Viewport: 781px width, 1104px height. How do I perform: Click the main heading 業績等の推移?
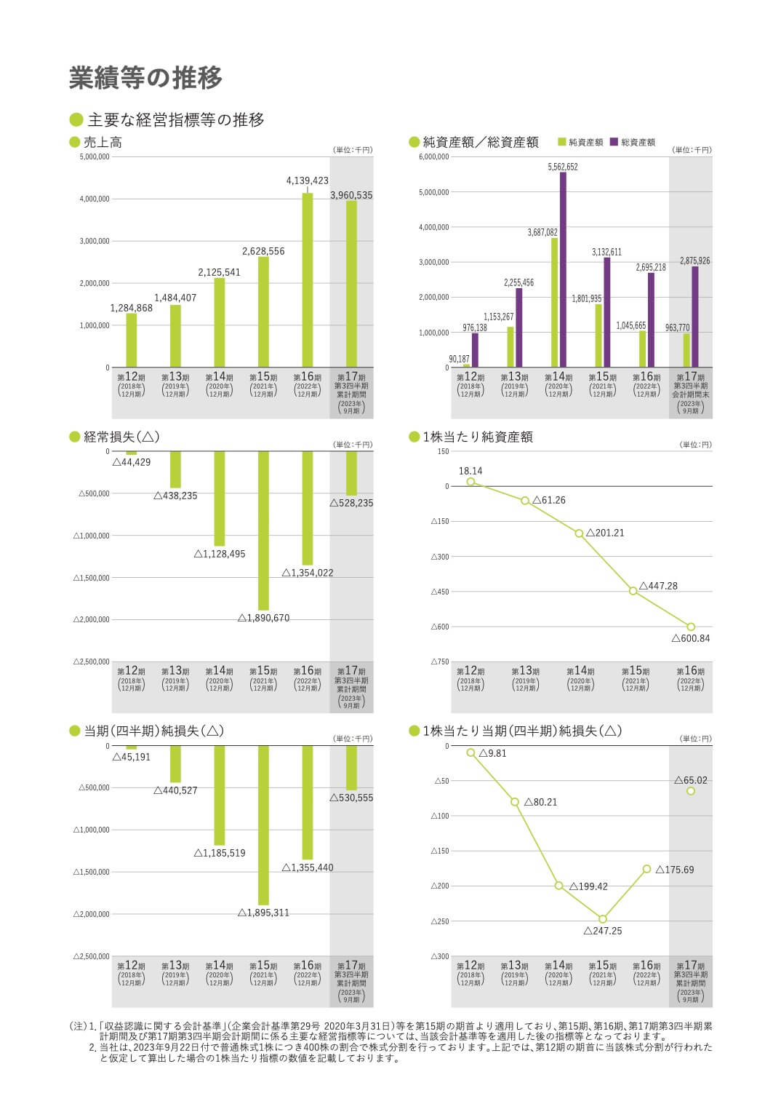pos(145,78)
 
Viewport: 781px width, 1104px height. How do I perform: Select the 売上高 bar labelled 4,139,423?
pos(308,280)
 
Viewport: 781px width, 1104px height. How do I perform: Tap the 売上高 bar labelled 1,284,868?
pos(132,340)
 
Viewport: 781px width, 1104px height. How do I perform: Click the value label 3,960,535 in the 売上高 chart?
pos(351,195)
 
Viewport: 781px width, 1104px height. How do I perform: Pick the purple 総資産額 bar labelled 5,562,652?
pos(563,269)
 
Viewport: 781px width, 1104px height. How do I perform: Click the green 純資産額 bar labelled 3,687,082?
pos(554,302)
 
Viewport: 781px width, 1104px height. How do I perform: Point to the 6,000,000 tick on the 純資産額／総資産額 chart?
pos(435,157)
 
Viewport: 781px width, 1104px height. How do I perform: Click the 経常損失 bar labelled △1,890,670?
pos(263,531)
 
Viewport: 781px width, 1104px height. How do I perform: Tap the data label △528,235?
pos(351,503)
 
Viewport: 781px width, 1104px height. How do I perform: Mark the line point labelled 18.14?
pos(470,482)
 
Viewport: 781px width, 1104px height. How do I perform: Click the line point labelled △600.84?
pos(691,627)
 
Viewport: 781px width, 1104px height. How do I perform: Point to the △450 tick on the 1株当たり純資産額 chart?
pos(441,592)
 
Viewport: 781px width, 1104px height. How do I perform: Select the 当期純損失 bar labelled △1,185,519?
pos(220,795)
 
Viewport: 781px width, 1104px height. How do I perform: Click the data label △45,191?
pos(132,757)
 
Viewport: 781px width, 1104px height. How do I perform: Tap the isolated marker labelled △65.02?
pos(691,791)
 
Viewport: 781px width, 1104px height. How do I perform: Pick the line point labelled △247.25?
pos(603,919)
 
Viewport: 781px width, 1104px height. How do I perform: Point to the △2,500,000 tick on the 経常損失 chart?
pos(92,662)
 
